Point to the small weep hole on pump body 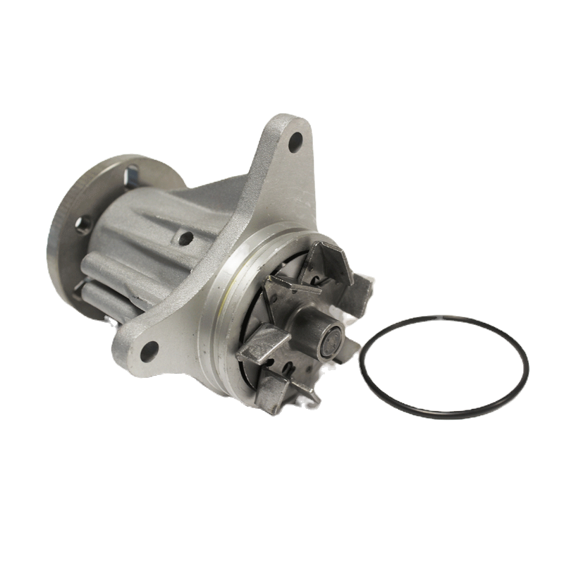click(186, 238)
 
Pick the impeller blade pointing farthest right click(361, 288)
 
